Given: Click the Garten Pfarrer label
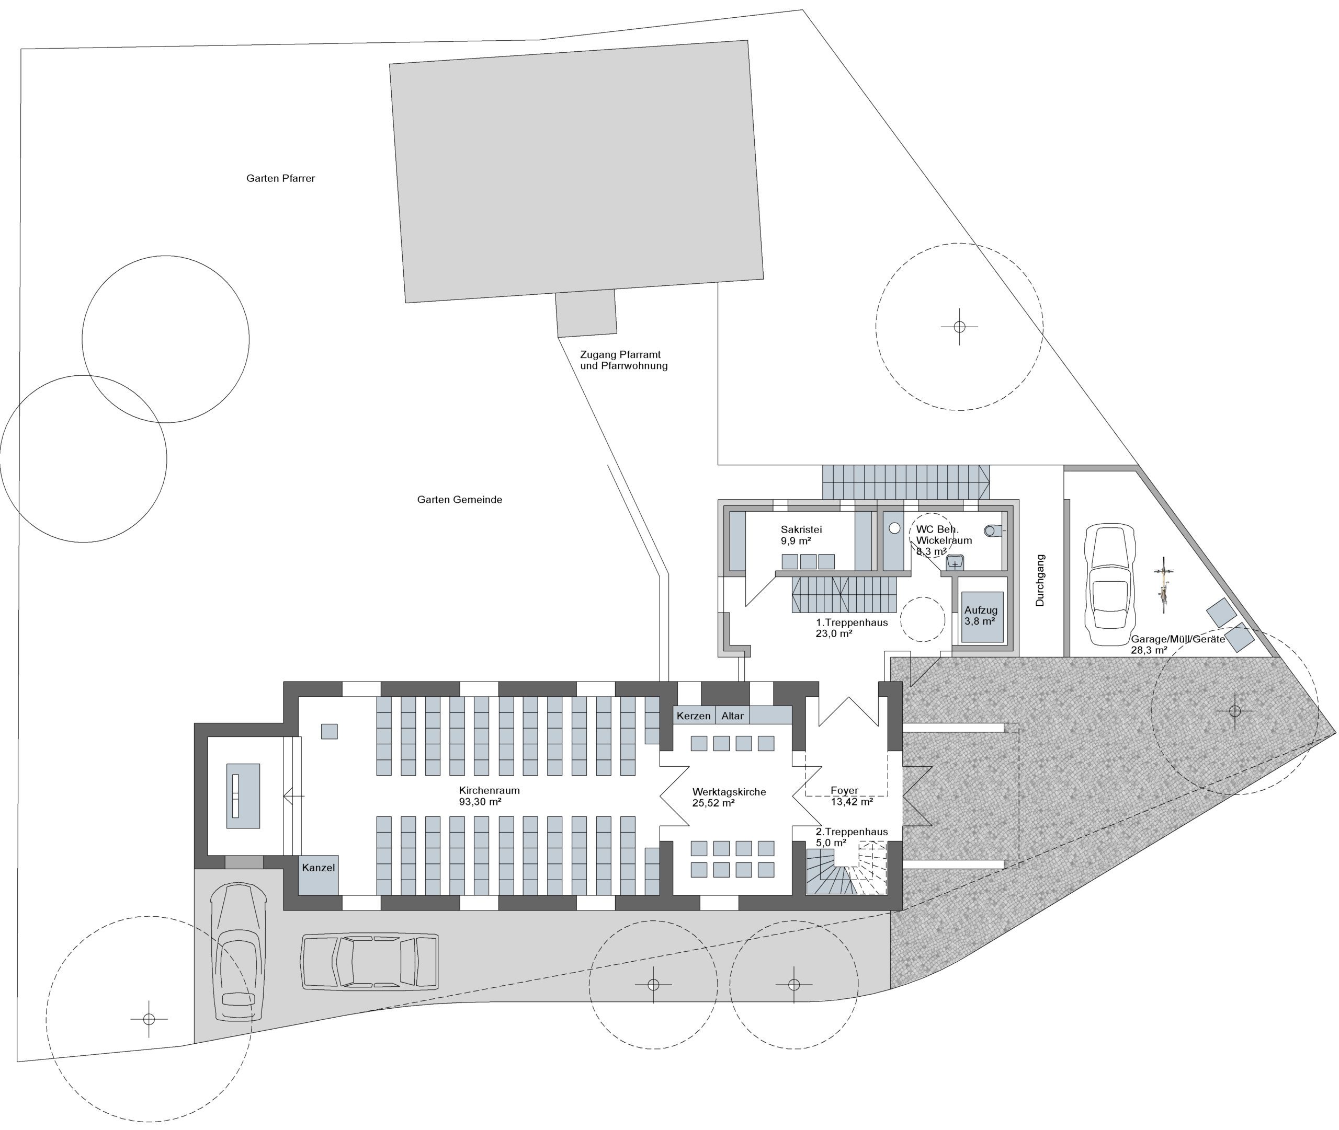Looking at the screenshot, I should tap(280, 178).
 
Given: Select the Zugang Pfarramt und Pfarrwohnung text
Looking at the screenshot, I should tap(623, 360).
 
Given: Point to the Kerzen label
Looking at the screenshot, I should tap(693, 716).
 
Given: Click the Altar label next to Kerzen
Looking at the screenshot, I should tap(732, 716).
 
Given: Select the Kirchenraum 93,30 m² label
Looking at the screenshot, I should tap(489, 795).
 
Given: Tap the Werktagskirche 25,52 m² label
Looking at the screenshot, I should tap(729, 797).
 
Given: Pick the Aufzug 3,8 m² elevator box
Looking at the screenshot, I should tap(981, 616).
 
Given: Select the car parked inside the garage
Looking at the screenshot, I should tap(1109, 584).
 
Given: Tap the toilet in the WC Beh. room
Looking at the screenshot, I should tap(992, 531).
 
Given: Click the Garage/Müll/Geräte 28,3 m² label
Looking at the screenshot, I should tap(1177, 644).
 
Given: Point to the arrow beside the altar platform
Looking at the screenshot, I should tap(293, 796).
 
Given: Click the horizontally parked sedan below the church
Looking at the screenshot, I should tap(369, 962).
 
